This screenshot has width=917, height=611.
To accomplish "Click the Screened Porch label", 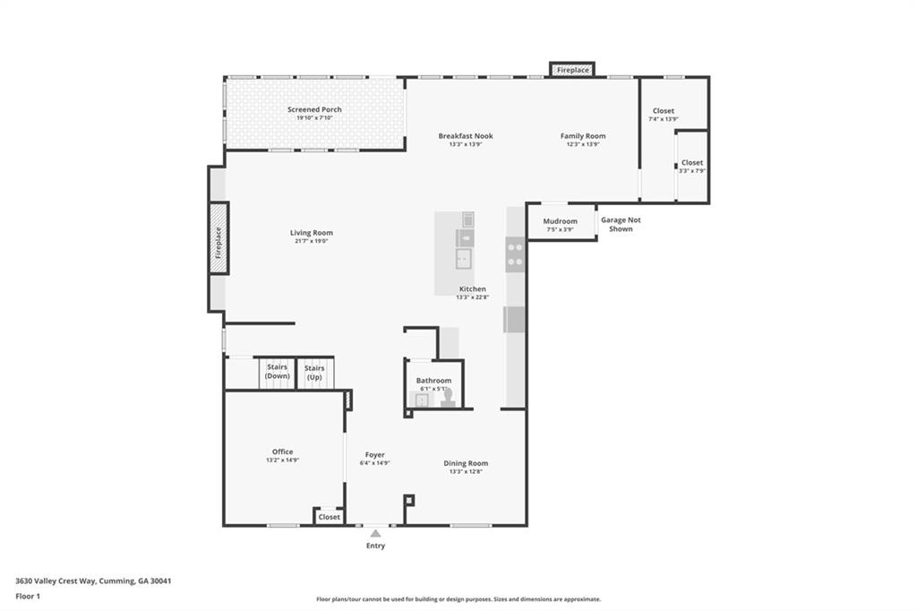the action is pos(314,109).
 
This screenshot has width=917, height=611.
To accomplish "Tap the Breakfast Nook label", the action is pos(466,136).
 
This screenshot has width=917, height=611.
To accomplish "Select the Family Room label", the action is pos(583,136).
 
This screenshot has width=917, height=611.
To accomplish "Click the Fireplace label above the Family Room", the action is pos(572,70).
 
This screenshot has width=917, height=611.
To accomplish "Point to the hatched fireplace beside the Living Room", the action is pos(219,237).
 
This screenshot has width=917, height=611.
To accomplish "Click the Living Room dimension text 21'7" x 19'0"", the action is pos(311,240).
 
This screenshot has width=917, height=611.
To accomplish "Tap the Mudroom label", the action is pos(561,221).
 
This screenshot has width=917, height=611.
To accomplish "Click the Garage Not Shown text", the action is pos(621,224).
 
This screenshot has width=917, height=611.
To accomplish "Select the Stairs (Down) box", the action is pos(277,374).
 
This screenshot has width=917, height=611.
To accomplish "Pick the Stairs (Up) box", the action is pos(314,374).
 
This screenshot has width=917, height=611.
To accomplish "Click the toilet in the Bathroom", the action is pos(449,398).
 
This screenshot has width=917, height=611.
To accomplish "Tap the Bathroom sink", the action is pos(422,400).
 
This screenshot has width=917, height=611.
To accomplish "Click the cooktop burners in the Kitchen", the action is pos(515,254).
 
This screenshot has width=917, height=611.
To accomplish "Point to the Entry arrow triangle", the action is pos(375,533).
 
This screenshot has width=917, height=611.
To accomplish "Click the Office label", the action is pos(282,452).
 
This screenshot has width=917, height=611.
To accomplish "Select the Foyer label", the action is pos(375,455).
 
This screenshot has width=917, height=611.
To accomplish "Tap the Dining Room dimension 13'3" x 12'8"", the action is pos(466,471).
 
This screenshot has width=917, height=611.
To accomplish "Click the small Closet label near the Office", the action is pos(330,517).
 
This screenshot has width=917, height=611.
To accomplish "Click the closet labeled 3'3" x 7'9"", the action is pos(692,167).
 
